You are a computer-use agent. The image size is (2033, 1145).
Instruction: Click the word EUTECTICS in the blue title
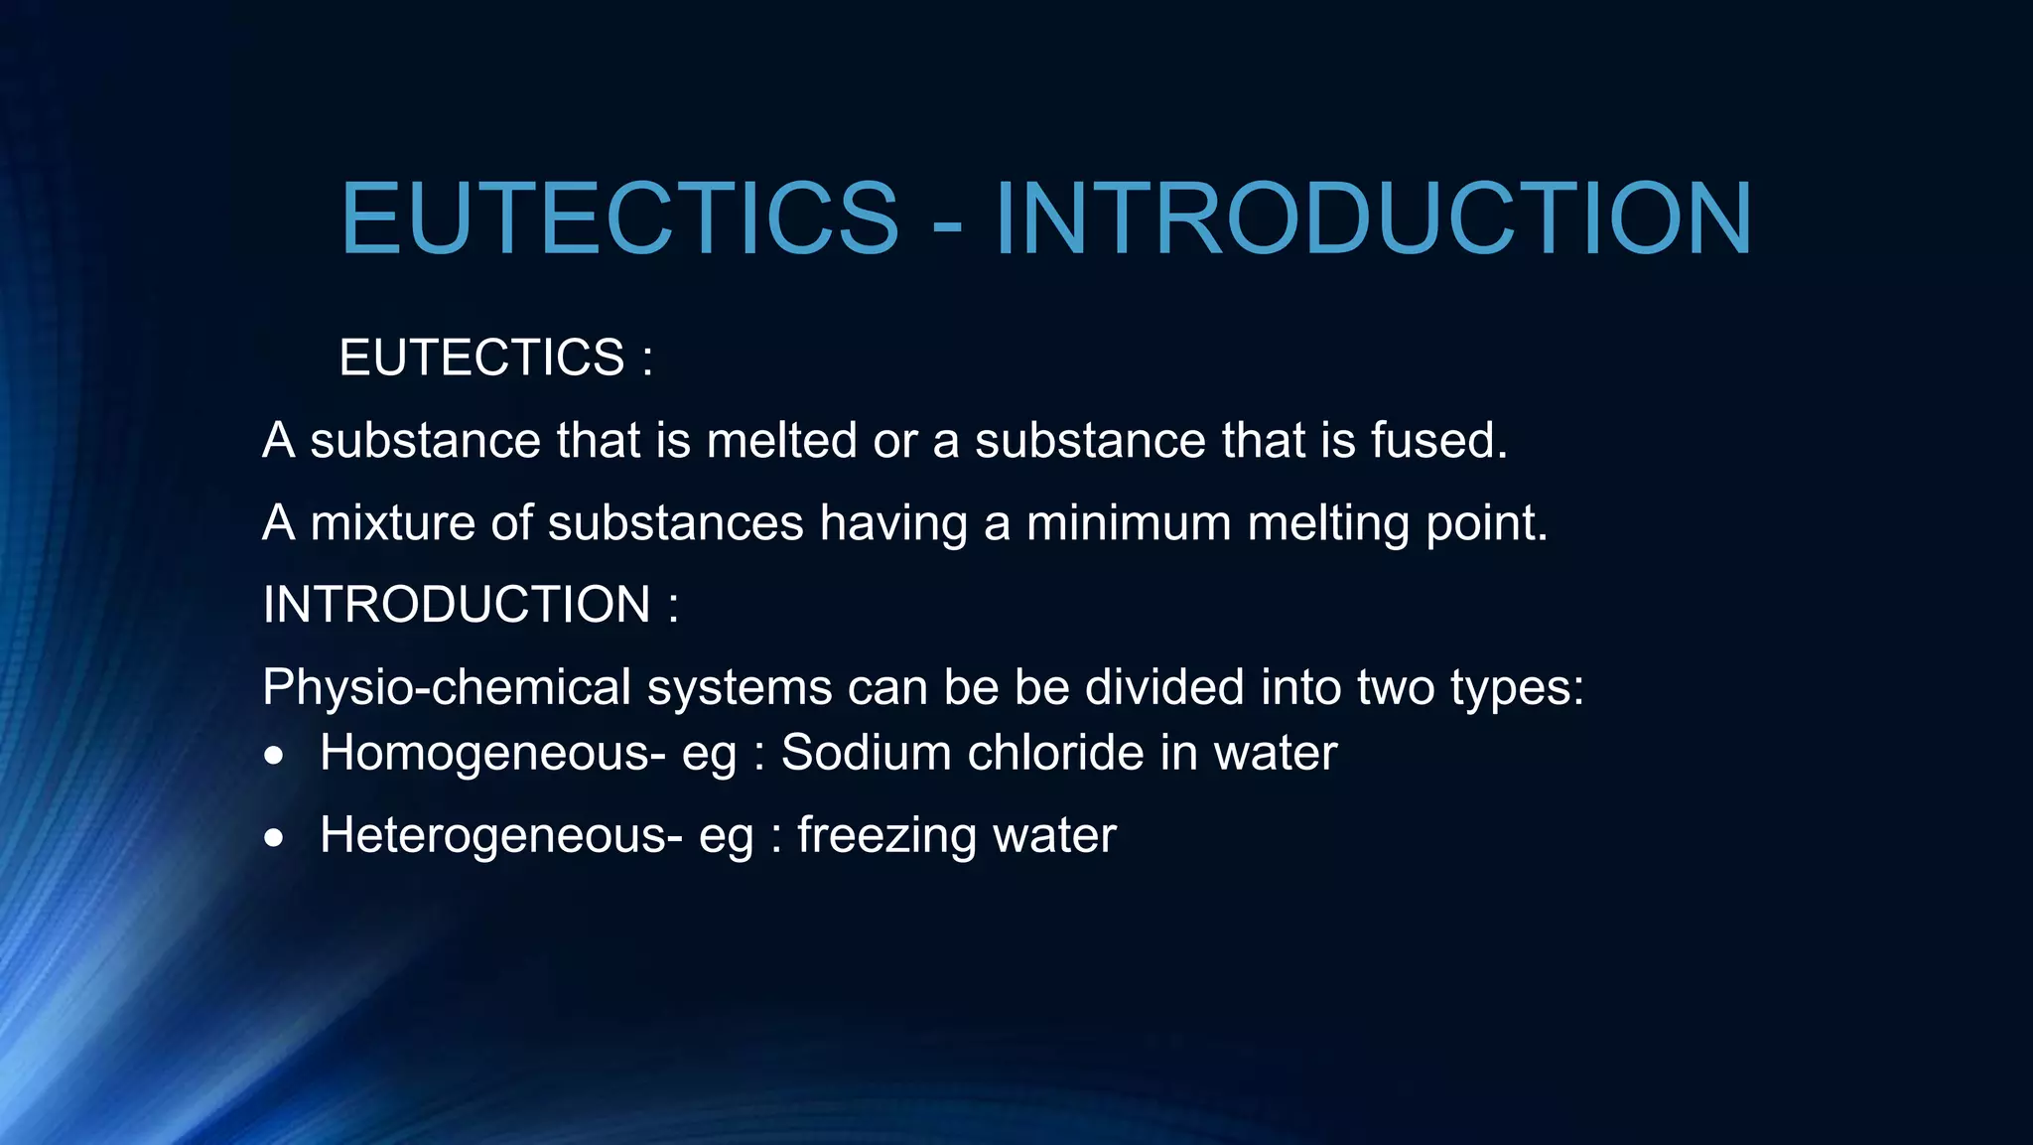coord(619,218)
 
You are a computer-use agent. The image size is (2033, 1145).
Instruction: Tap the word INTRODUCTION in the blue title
coord(1374,218)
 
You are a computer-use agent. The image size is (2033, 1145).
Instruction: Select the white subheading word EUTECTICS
coord(481,358)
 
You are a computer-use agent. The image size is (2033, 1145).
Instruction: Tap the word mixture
coord(392,523)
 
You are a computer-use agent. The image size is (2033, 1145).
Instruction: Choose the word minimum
coord(1129,523)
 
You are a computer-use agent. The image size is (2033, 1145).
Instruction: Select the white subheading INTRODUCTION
coord(457,605)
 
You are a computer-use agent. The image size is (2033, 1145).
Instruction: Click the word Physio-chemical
coord(447,688)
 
